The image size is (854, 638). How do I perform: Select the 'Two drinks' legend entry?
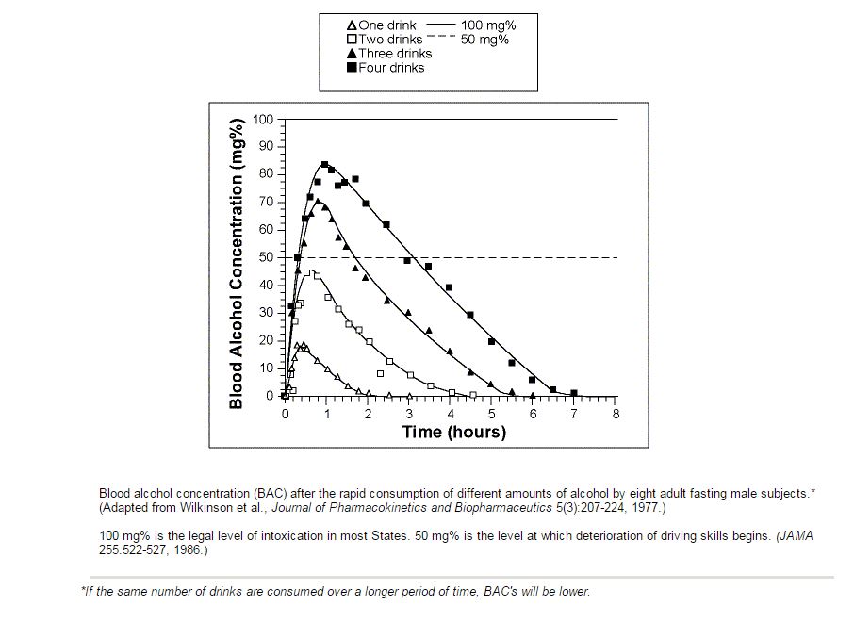(390, 40)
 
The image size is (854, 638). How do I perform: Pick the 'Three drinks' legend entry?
(395, 54)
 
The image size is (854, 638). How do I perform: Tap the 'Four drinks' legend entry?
(391, 68)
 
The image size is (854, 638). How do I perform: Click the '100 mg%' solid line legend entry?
(487, 25)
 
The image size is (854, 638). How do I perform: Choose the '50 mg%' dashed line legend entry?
(485, 40)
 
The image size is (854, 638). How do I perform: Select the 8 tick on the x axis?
(616, 414)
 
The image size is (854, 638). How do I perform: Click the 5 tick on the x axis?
(492, 414)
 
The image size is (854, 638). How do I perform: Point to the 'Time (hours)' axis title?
(453, 433)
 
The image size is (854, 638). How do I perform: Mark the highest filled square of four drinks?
(324, 165)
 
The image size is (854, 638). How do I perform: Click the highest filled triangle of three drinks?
(317, 201)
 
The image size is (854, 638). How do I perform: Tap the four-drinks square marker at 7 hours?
(574, 393)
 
